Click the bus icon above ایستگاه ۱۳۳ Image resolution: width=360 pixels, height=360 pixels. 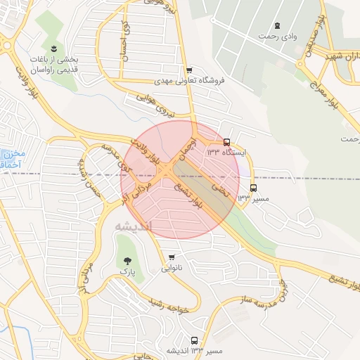click(226, 142)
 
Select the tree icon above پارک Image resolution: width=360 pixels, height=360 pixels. click(127, 260)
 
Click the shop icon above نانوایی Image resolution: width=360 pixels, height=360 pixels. click(172, 257)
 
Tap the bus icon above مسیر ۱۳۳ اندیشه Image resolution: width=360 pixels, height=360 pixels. click(194, 340)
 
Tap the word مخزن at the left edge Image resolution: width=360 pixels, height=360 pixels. click(12, 153)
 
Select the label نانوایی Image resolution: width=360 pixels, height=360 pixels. click(172, 268)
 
